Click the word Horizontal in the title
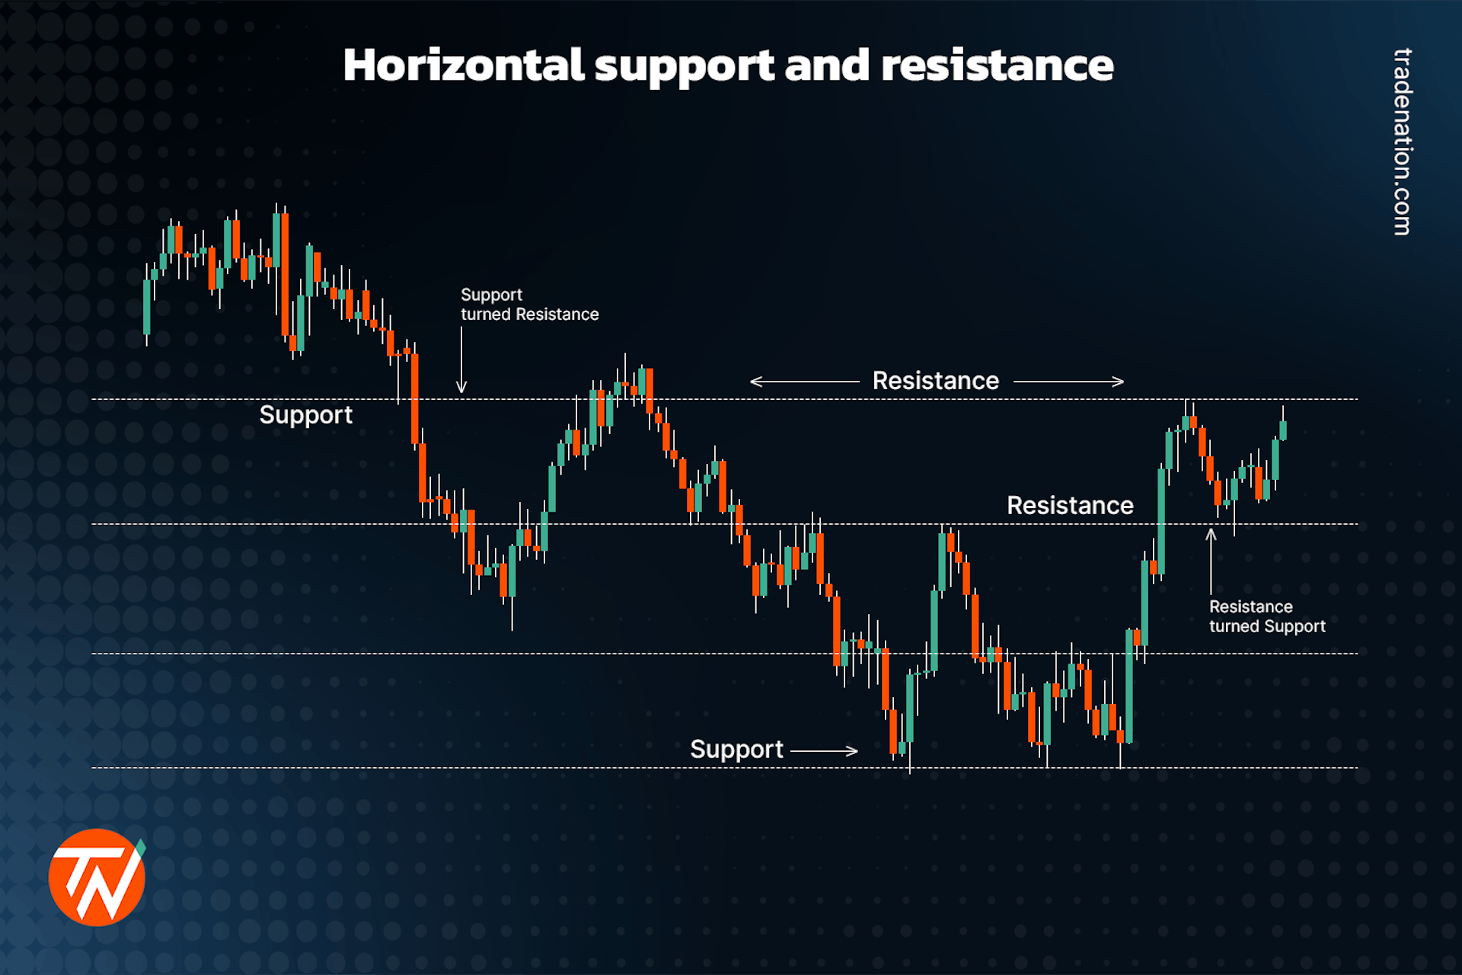click(x=463, y=66)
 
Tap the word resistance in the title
click(x=997, y=66)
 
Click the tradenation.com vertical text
click(x=1402, y=142)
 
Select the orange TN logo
click(x=97, y=877)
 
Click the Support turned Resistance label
click(x=529, y=305)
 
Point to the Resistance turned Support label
click(x=1267, y=616)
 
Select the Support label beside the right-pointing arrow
click(x=736, y=750)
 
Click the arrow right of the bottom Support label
click(x=824, y=751)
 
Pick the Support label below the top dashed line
click(x=305, y=415)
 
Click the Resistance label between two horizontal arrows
click(x=935, y=381)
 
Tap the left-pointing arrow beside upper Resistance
click(x=804, y=382)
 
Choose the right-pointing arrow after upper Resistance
click(x=1068, y=382)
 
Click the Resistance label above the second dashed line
click(x=1070, y=506)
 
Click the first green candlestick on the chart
click(x=147, y=307)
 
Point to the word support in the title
click(x=684, y=66)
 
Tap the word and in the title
click(x=827, y=66)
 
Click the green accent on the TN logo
click(x=141, y=846)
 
